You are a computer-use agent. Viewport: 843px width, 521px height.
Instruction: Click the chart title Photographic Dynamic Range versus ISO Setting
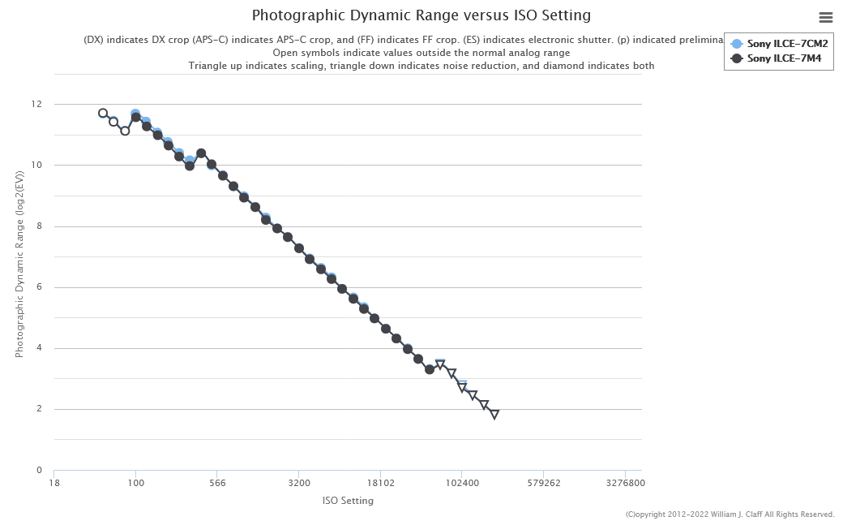(x=421, y=15)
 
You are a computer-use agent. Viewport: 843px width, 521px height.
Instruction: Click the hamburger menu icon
(x=826, y=17)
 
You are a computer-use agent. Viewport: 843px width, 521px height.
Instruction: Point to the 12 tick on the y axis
(x=36, y=105)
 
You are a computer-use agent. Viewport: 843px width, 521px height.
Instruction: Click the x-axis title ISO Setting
(x=348, y=501)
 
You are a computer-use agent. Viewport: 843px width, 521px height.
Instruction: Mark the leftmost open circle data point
(x=103, y=114)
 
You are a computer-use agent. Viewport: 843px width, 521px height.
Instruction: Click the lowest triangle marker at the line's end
(x=494, y=415)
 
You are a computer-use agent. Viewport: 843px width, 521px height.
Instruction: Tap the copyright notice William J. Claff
(x=730, y=515)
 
